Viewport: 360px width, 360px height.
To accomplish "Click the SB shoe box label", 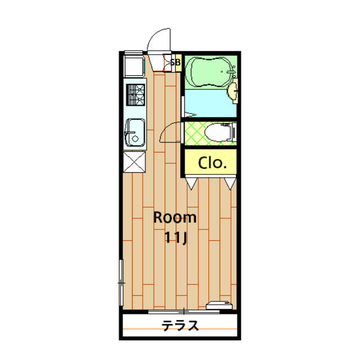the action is coord(175,62).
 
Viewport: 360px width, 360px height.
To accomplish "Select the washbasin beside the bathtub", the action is coord(232,91).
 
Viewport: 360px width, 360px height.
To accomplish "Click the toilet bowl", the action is coord(218,133).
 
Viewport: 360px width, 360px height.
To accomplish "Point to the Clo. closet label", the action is coord(213,163).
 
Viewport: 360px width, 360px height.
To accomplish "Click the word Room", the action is coord(175,218).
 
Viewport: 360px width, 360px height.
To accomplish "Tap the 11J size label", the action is coord(176,237).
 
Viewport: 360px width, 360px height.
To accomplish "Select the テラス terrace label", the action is coord(180,325).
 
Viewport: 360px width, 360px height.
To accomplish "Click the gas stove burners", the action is coord(136,95).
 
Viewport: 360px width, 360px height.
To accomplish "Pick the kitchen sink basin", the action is coord(135,133).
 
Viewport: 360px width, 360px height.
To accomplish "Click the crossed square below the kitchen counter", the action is coord(134,162).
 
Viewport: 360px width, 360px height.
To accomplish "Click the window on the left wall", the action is coord(121,282).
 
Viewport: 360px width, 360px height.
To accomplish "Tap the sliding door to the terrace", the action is coord(184,312).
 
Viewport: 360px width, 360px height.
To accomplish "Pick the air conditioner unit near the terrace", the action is coord(219,305).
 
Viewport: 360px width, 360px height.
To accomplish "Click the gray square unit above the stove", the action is coord(134,65).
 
